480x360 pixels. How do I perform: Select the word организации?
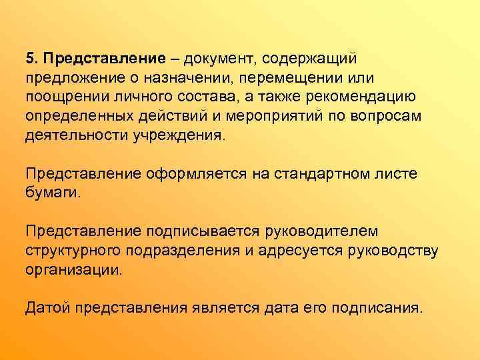pos(74,270)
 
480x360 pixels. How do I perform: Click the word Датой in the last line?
pos(47,308)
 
